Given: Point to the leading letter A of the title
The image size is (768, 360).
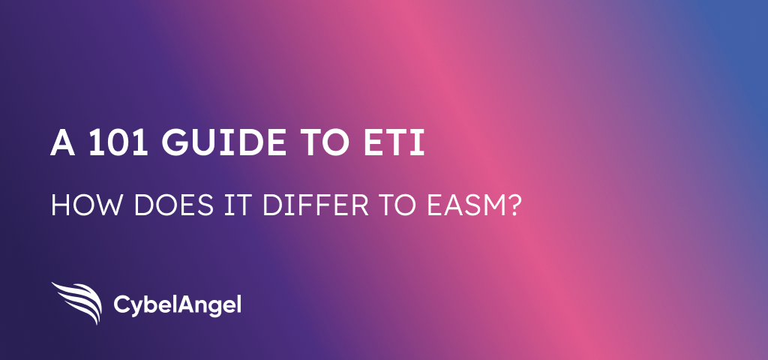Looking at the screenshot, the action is pyautogui.click(x=63, y=142).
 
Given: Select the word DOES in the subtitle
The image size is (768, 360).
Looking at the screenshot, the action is pyautogui.click(x=173, y=205).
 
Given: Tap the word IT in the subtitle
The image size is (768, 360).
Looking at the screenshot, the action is pyautogui.click(x=238, y=205).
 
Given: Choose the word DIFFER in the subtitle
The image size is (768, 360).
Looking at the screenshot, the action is pyautogui.click(x=316, y=205).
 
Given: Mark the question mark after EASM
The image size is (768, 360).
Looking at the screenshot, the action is pyautogui.click(x=511, y=205).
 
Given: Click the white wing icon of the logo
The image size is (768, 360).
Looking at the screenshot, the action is pyautogui.click(x=77, y=303).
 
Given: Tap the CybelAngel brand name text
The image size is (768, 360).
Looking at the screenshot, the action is pyautogui.click(x=177, y=306).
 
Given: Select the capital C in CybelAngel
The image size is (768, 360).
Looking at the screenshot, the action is pyautogui.click(x=122, y=304).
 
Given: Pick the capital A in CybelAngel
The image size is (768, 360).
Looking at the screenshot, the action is pyautogui.click(x=186, y=304).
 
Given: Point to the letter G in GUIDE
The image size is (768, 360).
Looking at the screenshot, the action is pyautogui.click(x=175, y=142).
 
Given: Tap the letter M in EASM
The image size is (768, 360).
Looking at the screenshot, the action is pyautogui.click(x=491, y=205).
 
